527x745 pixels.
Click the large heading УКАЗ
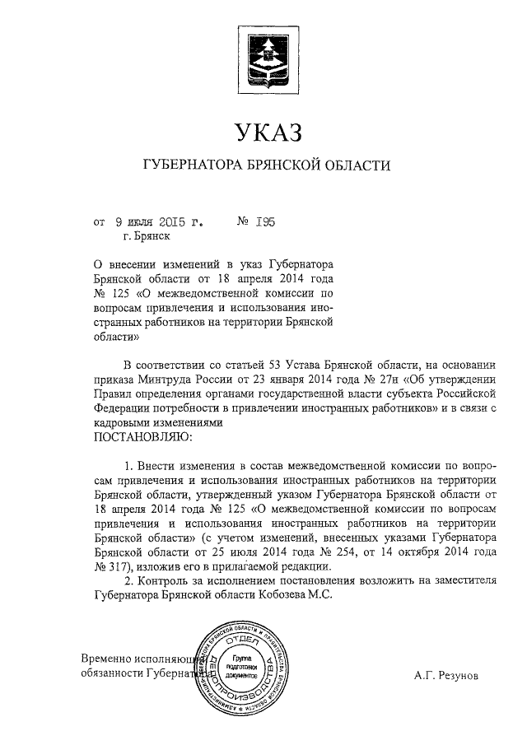(x=264, y=133)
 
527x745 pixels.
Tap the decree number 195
(x=264, y=221)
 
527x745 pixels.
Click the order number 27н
(x=370, y=379)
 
